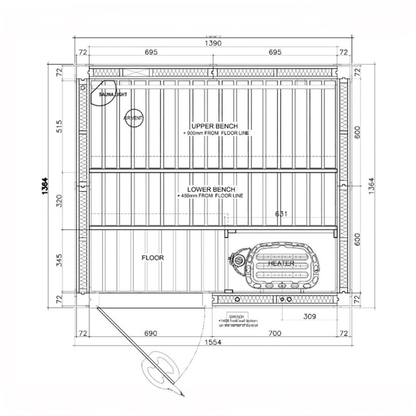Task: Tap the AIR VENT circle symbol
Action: pyautogui.click(x=133, y=119)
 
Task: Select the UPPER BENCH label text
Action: pyautogui.click(x=214, y=126)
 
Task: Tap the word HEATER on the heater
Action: pyautogui.click(x=281, y=264)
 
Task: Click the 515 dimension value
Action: pyautogui.click(x=59, y=127)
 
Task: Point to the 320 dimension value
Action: pyautogui.click(x=59, y=200)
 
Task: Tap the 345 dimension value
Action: pyautogui.click(x=59, y=260)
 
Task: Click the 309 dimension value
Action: pyautogui.click(x=310, y=316)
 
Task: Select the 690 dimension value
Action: pyautogui.click(x=150, y=332)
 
